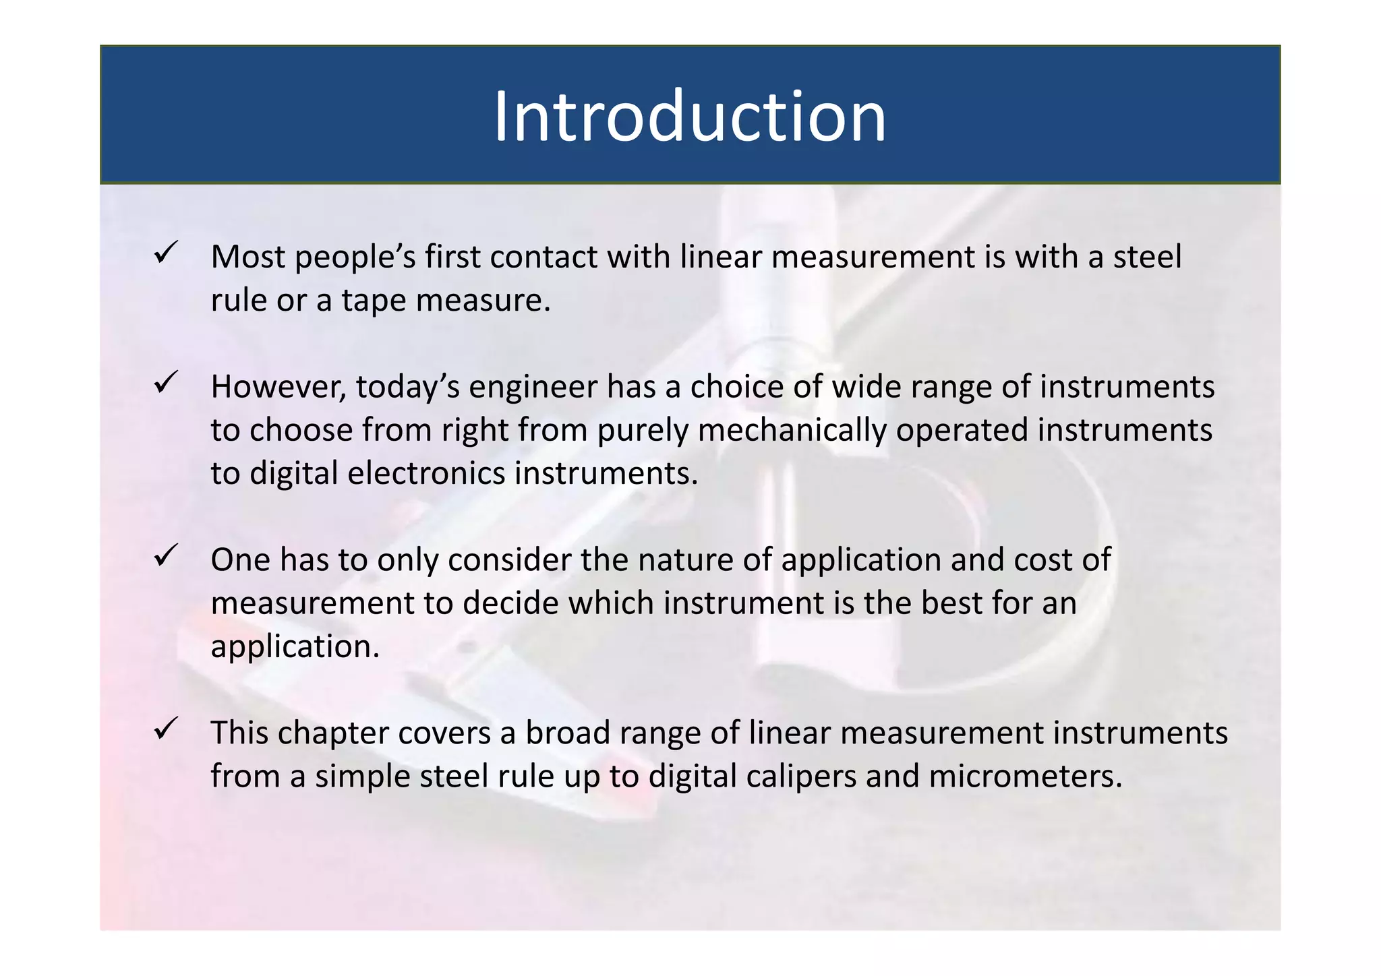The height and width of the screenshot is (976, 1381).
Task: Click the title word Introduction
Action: [690, 117]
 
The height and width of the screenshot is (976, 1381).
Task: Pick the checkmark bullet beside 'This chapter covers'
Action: [165, 729]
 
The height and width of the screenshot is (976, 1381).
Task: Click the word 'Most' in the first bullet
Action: [247, 257]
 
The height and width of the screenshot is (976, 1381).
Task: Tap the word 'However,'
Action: [278, 387]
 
